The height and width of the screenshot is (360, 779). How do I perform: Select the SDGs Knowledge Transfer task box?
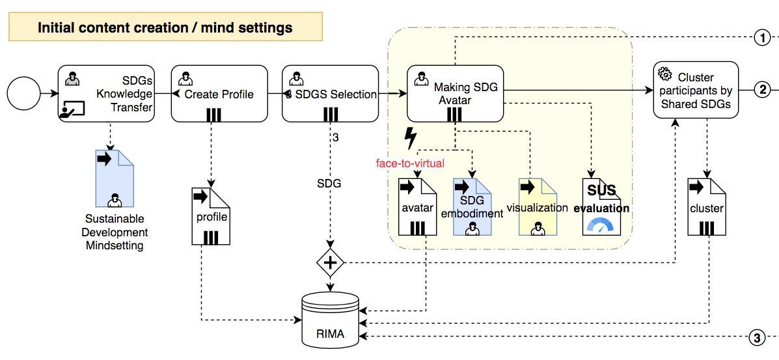click(108, 93)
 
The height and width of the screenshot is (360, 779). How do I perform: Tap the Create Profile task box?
click(219, 93)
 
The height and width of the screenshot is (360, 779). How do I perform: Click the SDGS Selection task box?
click(330, 93)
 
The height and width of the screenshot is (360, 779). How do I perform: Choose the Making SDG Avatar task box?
click(455, 93)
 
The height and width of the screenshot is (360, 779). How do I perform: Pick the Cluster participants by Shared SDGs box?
click(696, 90)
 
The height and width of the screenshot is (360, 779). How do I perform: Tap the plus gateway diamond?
click(331, 263)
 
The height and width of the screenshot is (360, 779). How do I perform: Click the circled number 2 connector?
click(762, 89)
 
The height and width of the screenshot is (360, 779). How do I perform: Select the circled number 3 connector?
click(756, 337)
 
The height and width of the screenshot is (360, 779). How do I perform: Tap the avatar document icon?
click(417, 207)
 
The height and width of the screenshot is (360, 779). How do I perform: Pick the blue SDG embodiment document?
click(472, 207)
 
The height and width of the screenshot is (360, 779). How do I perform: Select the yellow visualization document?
click(538, 207)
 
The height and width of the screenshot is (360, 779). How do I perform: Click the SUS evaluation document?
click(605, 207)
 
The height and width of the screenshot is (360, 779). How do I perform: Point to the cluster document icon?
click(707, 207)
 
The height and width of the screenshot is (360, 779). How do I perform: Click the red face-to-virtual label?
click(410, 163)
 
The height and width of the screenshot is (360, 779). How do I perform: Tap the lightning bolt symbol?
click(411, 138)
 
